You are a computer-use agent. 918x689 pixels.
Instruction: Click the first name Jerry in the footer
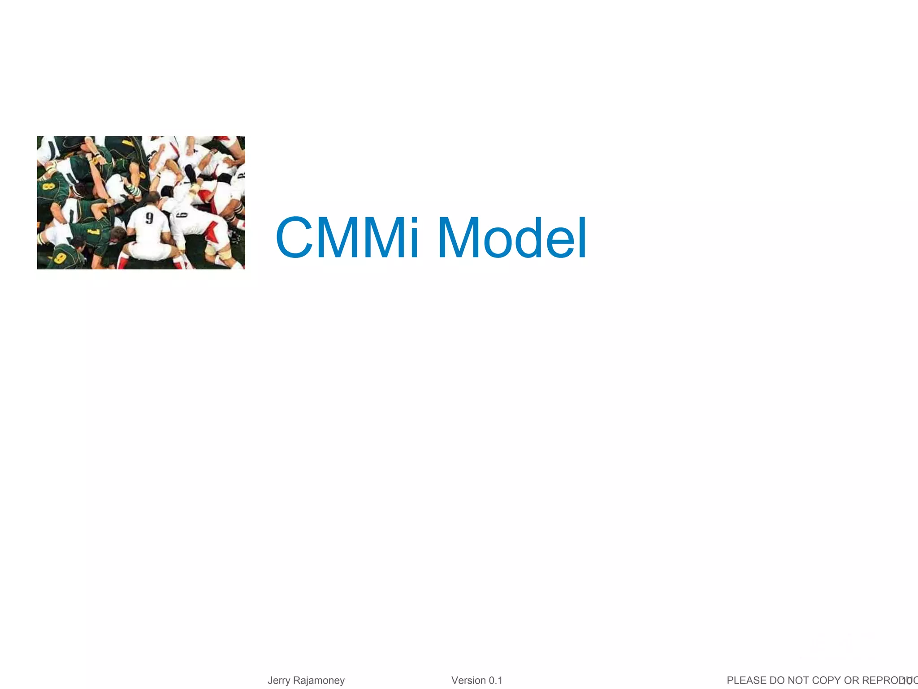point(279,680)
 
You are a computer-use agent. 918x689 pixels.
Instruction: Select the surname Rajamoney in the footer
point(319,680)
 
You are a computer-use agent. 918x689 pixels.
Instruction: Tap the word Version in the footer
point(468,680)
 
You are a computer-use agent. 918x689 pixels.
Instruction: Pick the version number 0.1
point(495,680)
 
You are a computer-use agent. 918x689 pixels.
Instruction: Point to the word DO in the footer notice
point(778,680)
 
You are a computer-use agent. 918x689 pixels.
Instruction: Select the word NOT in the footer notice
point(799,680)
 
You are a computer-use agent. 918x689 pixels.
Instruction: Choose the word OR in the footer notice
point(851,680)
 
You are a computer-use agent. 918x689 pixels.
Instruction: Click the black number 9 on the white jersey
point(149,218)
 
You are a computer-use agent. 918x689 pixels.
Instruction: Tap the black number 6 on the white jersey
point(182,215)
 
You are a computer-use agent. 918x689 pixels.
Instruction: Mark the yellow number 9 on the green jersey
point(60,258)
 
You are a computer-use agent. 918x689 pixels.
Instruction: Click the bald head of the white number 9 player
point(152,198)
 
